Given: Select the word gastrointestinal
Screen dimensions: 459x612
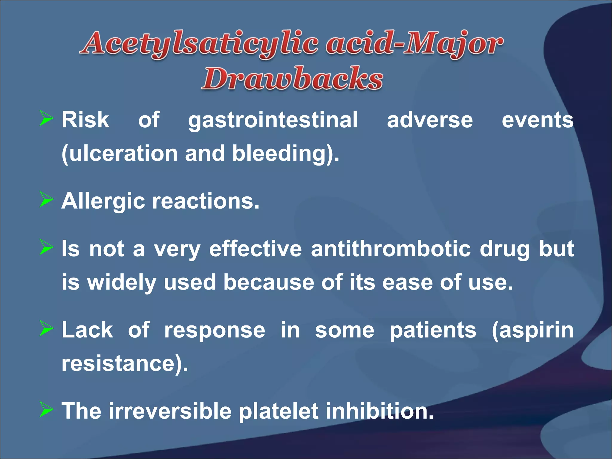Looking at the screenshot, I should click(273, 120).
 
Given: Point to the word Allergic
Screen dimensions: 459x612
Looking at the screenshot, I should click(103, 201).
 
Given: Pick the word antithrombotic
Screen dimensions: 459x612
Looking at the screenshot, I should click(391, 249).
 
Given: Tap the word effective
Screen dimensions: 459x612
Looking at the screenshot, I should click(255, 249).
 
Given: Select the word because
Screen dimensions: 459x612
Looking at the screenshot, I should click(268, 282).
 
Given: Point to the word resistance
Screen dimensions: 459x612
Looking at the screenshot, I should click(121, 363).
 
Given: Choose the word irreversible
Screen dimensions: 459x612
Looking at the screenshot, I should click(170, 411).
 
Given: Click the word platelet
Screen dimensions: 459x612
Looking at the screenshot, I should click(279, 411).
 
